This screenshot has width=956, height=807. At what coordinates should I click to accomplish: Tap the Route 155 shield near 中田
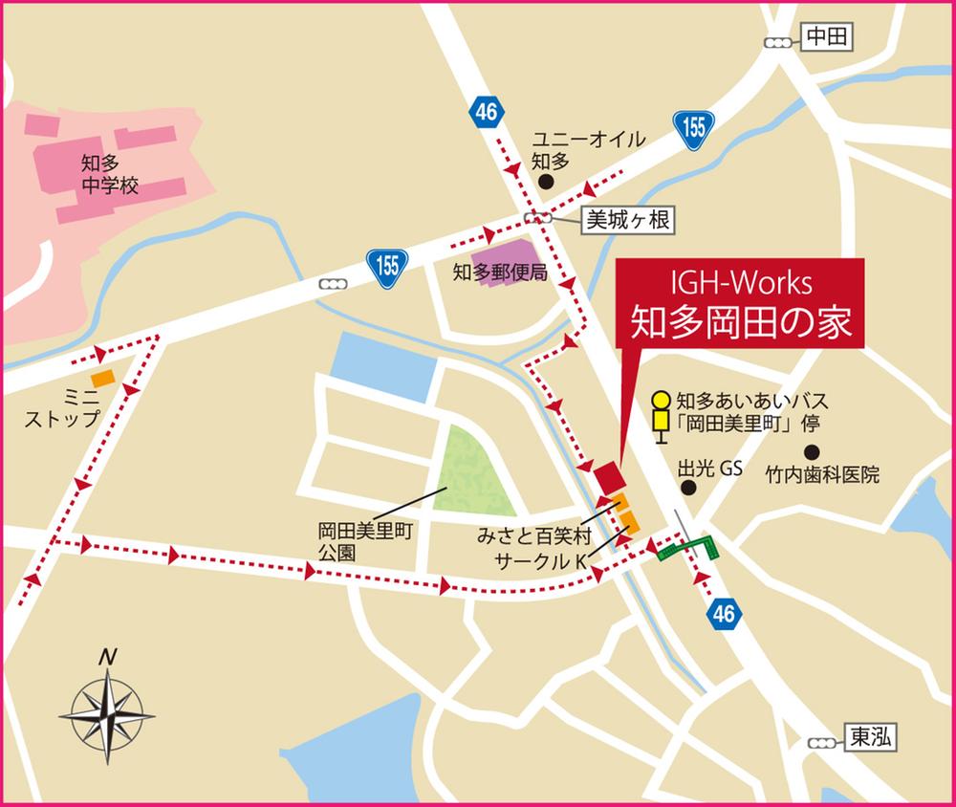click(x=694, y=127)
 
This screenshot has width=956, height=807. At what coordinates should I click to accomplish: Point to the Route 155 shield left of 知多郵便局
click(x=386, y=265)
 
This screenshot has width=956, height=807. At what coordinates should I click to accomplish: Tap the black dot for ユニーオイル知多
click(x=545, y=181)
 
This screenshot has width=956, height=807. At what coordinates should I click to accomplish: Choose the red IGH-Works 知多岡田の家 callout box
click(x=738, y=305)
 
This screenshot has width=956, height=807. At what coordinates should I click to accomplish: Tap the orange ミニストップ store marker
click(x=102, y=379)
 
